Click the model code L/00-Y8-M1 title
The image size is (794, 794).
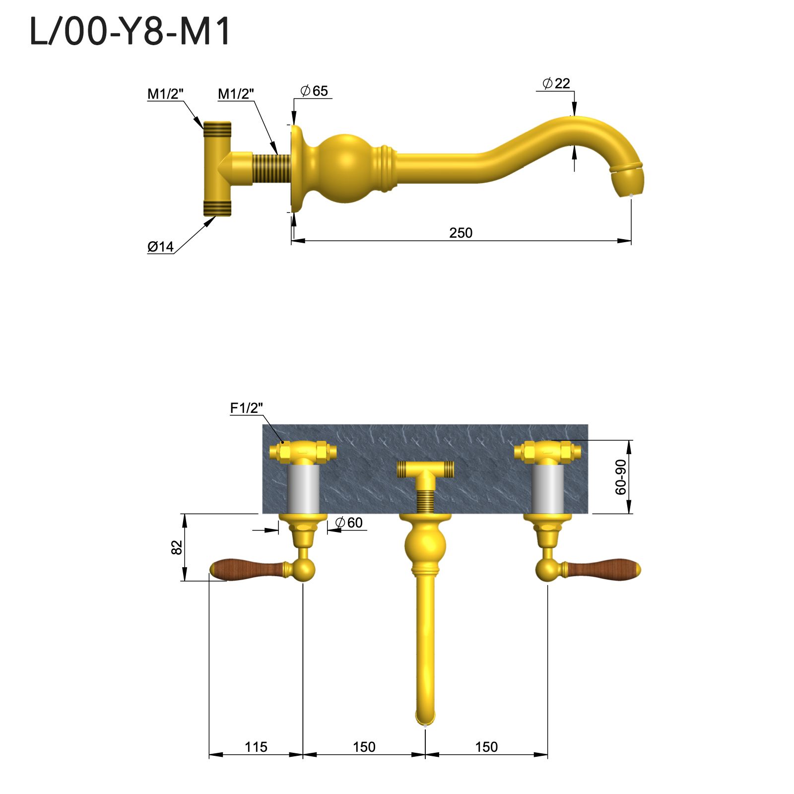[x=130, y=32]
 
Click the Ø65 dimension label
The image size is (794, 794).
[x=315, y=91]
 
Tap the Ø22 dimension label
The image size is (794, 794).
[x=556, y=83]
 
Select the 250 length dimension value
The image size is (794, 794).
[x=461, y=233]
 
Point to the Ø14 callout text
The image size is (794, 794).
[x=161, y=247]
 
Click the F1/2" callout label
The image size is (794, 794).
[x=246, y=408]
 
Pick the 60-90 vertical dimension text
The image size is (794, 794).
[x=621, y=477]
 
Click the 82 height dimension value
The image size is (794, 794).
[x=177, y=547]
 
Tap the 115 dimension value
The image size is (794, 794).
[x=256, y=747]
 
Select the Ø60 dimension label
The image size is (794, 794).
[x=349, y=523]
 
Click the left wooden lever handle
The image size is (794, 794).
[x=246, y=569]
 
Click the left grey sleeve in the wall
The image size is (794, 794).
[x=303, y=489]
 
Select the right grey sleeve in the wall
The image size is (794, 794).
[x=547, y=489]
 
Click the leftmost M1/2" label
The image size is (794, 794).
[x=166, y=94]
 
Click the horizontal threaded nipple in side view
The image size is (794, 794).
[x=271, y=169]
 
